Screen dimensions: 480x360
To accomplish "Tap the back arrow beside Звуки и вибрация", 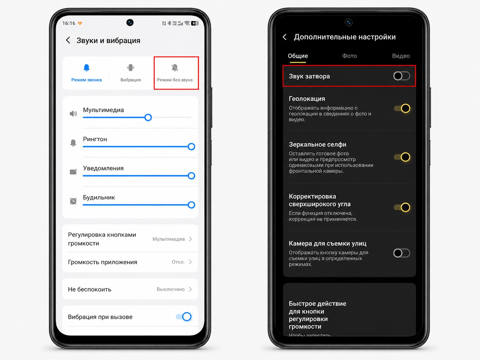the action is [x=68, y=40].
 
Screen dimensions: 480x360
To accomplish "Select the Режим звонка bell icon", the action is [x=87, y=68].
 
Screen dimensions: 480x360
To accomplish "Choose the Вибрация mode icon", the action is [x=131, y=68].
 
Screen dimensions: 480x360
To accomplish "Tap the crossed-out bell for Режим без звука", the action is [x=175, y=68].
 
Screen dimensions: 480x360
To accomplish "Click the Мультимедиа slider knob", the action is [x=148, y=117].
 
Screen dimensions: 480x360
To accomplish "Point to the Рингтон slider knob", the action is [x=191, y=147].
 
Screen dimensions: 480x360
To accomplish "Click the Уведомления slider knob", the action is [x=191, y=176].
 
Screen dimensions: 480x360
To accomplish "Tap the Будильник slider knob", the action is [x=191, y=205].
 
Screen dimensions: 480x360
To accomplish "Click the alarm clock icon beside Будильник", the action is [x=73, y=201].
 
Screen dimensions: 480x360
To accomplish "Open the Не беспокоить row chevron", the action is [x=191, y=289].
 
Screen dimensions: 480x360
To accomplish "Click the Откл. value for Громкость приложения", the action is [x=178, y=262].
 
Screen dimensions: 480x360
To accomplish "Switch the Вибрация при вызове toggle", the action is [x=184, y=317].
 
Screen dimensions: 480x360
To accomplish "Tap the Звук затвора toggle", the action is [x=401, y=76].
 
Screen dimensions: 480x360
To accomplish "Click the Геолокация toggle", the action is [x=402, y=108].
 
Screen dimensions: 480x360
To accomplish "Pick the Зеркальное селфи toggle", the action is [x=402, y=157].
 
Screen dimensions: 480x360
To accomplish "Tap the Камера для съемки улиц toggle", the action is [x=401, y=253].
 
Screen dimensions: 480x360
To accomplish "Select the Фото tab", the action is [x=349, y=56].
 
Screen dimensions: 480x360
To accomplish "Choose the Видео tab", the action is [x=401, y=56].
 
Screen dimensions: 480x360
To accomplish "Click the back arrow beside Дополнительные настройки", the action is [x=284, y=37].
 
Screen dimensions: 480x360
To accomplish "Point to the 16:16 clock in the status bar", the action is [x=69, y=23].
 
